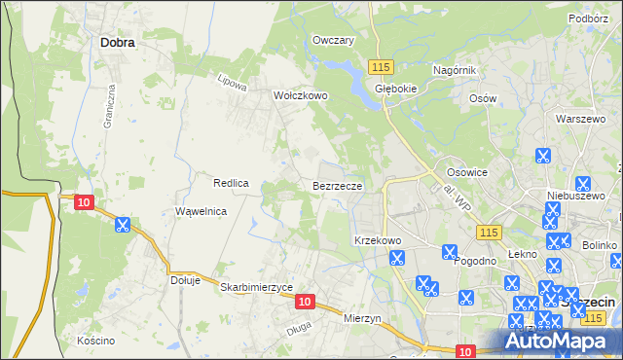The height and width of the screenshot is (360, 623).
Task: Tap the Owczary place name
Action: click(333, 40)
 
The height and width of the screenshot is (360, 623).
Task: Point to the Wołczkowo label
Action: click(300, 96)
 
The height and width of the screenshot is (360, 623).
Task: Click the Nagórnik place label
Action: click(453, 70)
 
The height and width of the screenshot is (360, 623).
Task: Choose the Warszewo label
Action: click(580, 119)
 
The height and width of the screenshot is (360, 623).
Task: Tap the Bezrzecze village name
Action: click(338, 185)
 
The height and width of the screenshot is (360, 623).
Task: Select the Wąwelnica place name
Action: click(201, 211)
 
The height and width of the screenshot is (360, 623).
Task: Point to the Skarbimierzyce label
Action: click(256, 287)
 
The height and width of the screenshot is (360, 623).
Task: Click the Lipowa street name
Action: click(234, 83)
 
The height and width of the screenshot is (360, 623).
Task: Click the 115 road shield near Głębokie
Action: click(381, 65)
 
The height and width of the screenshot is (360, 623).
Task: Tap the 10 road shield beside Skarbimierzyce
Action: click(305, 303)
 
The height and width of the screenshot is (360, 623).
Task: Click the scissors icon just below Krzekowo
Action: click(396, 258)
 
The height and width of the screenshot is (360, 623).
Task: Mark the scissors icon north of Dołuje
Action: click(123, 225)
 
